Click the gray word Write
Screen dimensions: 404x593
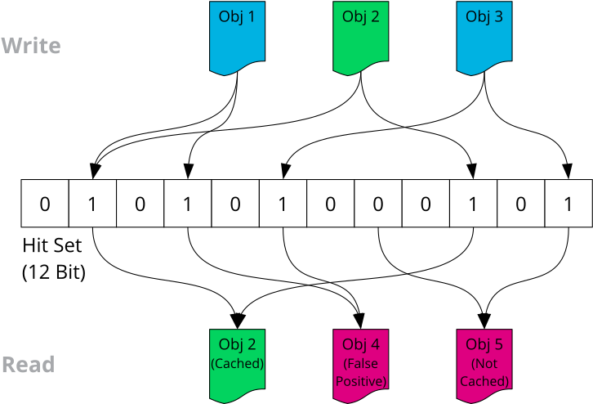pyautogui.click(x=31, y=46)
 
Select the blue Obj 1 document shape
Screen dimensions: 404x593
pyautogui.click(x=237, y=38)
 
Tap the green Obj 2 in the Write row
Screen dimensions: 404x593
pyautogui.click(x=360, y=38)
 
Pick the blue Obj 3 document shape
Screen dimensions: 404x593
pyautogui.click(x=484, y=38)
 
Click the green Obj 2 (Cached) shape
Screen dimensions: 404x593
pyautogui.click(x=237, y=365)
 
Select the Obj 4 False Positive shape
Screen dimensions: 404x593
pyautogui.click(x=360, y=365)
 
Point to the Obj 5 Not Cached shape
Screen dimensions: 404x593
pyautogui.click(x=484, y=365)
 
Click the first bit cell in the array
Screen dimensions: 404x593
pyautogui.click(x=45, y=203)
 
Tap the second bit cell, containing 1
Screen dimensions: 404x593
pyautogui.click(x=92, y=203)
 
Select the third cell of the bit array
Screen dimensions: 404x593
pyautogui.click(x=140, y=203)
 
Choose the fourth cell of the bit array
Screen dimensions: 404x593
pyautogui.click(x=187, y=203)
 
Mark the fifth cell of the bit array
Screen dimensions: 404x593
pyautogui.click(x=235, y=203)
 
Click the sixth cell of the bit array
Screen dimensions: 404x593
pyautogui.click(x=283, y=203)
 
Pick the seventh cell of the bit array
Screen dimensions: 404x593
pyautogui.click(x=330, y=203)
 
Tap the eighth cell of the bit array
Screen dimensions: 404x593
pyautogui.click(x=377, y=203)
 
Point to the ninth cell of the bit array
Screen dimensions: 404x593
pyautogui.click(x=426, y=203)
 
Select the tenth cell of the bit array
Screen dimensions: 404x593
pyautogui.click(x=473, y=203)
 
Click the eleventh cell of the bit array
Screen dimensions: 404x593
pyautogui.click(x=520, y=203)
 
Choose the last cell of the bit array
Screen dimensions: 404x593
pyautogui.click(x=568, y=203)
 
